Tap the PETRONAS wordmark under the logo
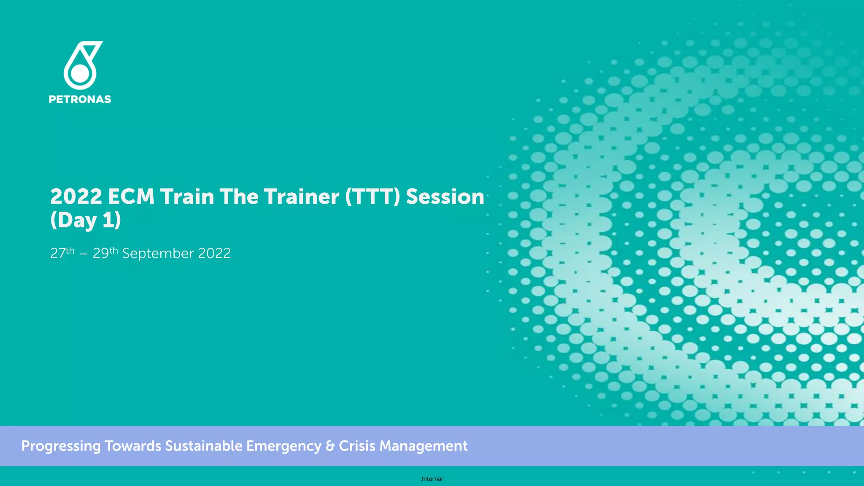(80, 100)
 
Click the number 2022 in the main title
(76, 197)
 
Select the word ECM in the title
(131, 197)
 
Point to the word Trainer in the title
(301, 197)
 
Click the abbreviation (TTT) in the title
(372, 197)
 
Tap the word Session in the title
(445, 197)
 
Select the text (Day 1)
(86, 220)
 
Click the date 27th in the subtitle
(62, 253)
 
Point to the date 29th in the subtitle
(105, 253)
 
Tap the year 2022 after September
(214, 254)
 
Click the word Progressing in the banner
(61, 446)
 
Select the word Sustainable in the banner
(203, 446)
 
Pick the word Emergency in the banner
(284, 446)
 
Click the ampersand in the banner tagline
(330, 446)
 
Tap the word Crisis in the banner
(356, 446)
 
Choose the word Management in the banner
(423, 446)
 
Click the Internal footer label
(432, 479)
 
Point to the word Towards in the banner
(133, 446)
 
